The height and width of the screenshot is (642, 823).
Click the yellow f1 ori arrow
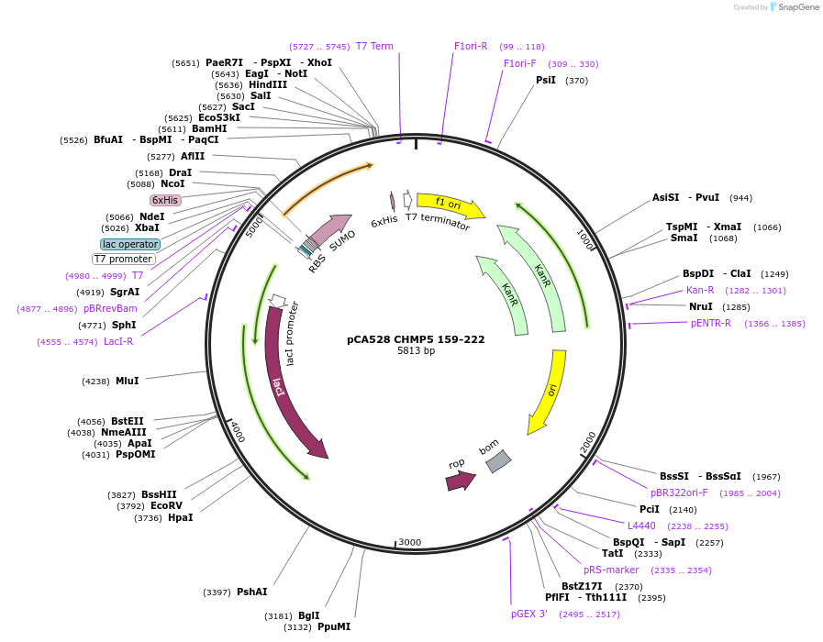click(450, 204)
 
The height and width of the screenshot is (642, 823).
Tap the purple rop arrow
click(460, 480)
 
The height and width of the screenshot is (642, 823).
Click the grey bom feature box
click(497, 461)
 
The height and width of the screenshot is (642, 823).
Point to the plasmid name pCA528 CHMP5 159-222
click(416, 339)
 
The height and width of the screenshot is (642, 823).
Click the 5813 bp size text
click(416, 351)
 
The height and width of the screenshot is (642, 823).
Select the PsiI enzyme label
click(546, 81)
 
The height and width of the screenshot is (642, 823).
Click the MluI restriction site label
click(127, 381)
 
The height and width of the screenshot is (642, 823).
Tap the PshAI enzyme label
click(251, 592)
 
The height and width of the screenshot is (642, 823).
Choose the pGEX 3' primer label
click(529, 614)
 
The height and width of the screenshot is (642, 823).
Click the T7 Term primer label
click(374, 47)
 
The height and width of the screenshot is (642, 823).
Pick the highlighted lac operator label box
click(130, 244)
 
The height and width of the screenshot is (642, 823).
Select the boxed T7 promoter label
click(124, 259)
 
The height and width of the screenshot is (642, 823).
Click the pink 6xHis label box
click(165, 200)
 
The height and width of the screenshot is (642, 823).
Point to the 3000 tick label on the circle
click(410, 542)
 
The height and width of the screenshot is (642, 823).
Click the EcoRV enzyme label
click(166, 505)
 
